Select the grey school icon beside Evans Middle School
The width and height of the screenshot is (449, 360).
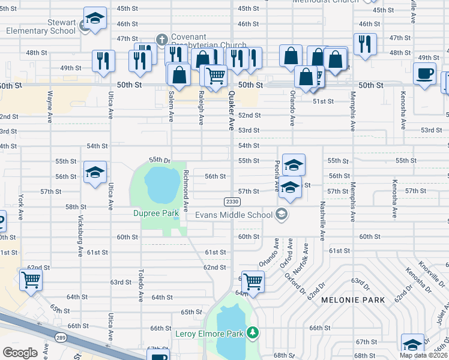coord(281,214)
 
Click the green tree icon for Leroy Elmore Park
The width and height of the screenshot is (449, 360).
coord(253,332)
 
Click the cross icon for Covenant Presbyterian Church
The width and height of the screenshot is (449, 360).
coord(161,40)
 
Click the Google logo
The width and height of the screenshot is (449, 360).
coord(20,353)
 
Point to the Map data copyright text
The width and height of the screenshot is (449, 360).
coord(424,355)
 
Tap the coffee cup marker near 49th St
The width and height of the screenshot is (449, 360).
coord(425,74)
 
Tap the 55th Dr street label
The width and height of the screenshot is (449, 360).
coord(160,160)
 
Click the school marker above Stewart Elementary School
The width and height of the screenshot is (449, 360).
coord(95,19)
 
